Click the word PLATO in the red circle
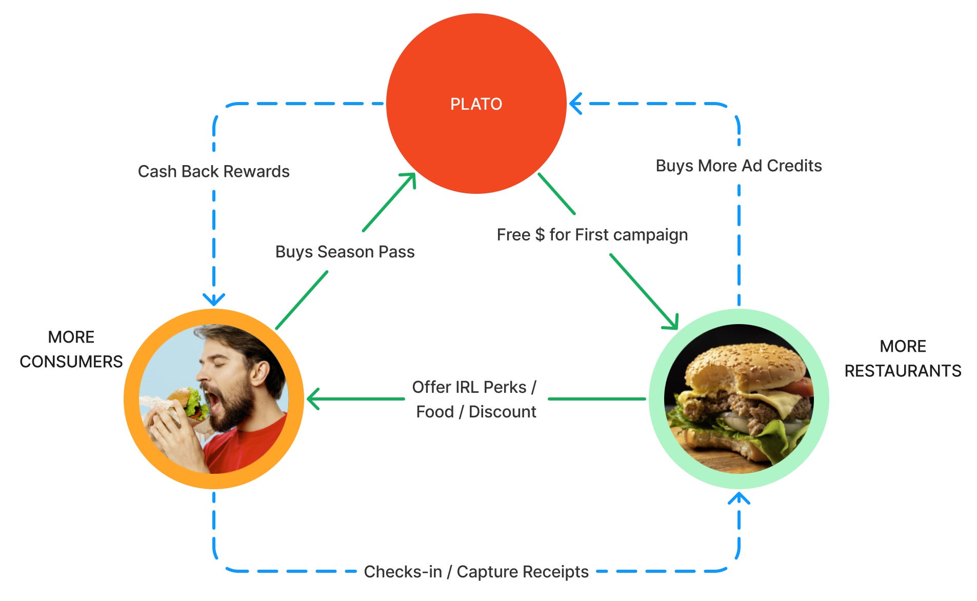tap(476, 104)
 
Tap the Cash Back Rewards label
tap(213, 171)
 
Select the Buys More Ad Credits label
tap(739, 166)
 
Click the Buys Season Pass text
tap(345, 252)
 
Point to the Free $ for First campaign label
tap(592, 235)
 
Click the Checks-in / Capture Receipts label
tap(476, 571)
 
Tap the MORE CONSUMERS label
tap(71, 349)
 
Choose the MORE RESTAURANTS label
tap(903, 358)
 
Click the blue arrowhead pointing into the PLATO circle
tap(576, 104)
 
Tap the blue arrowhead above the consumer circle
tap(214, 299)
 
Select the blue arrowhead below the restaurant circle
tap(739, 498)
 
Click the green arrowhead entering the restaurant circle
tap(671, 322)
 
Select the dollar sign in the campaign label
tap(540, 235)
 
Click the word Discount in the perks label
tap(502, 412)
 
